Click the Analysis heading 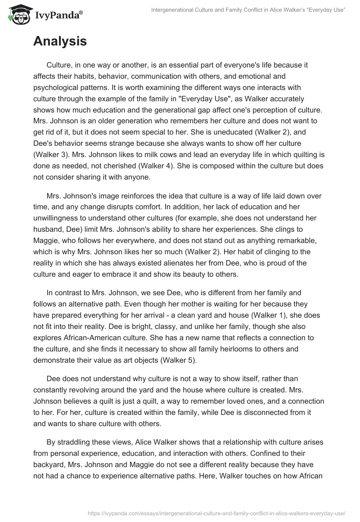click(x=60, y=41)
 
